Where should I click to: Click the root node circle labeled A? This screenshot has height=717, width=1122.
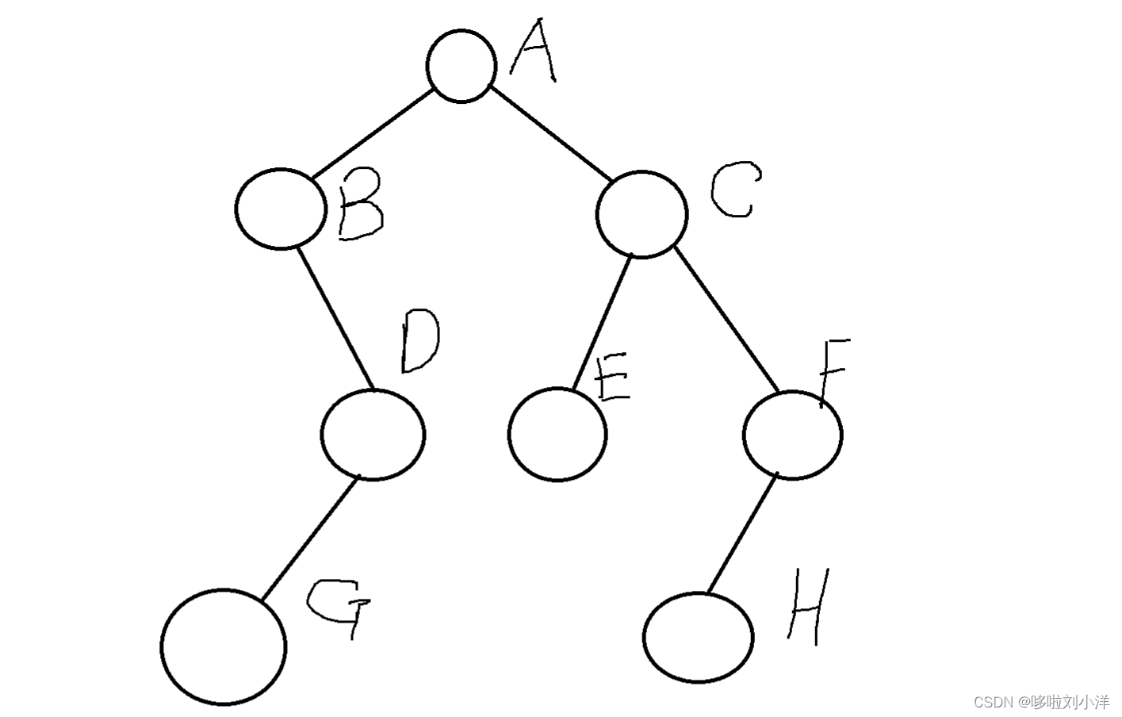461,67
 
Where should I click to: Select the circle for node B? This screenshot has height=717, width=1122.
280,209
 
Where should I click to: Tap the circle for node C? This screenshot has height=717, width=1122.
641,214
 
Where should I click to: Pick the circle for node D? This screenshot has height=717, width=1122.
373,435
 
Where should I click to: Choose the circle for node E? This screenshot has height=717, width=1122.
557,435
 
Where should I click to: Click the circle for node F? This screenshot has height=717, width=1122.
792,435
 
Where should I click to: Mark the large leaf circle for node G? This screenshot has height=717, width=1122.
223,646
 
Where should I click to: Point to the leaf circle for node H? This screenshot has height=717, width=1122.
698,637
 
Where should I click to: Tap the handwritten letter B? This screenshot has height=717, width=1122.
361,208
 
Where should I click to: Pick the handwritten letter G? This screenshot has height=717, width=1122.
339,607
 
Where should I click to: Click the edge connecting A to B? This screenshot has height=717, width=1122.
373,135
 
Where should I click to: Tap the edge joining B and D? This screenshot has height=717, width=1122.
334,318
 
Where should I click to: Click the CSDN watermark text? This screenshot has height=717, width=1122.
1040,701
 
